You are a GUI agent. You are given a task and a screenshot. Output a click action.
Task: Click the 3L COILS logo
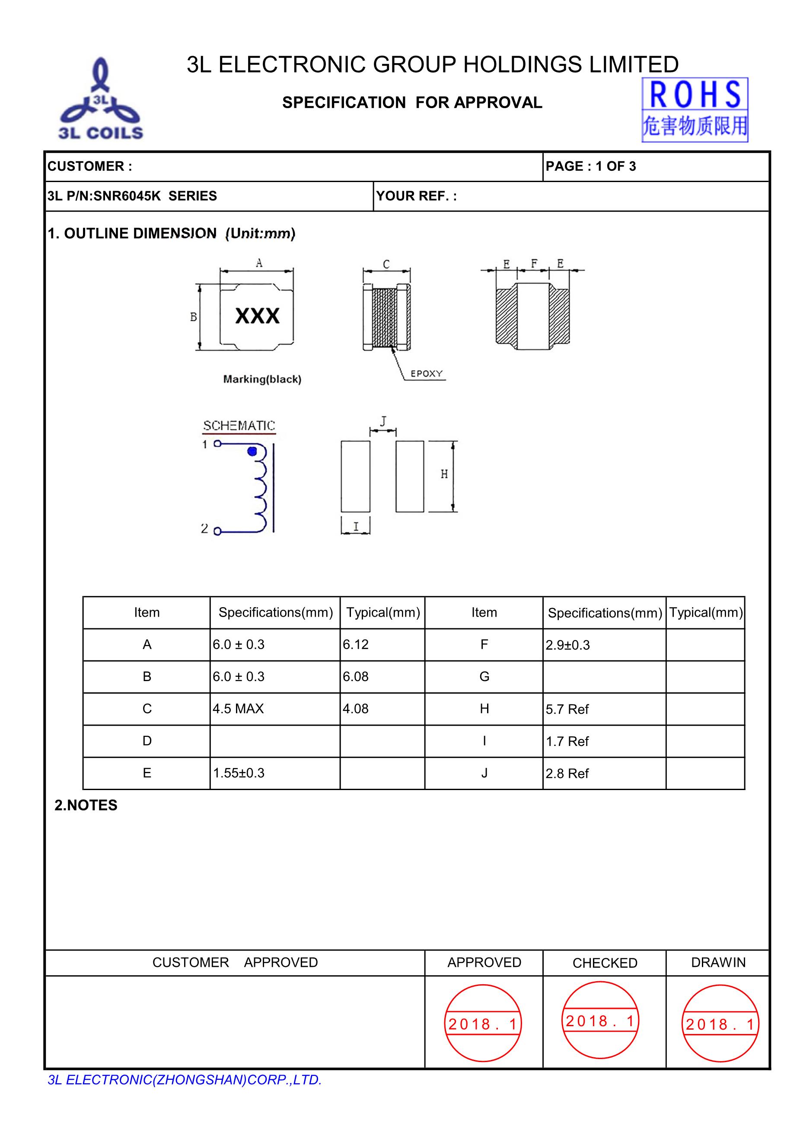[101, 100]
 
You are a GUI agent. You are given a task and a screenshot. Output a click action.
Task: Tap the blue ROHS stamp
[695, 109]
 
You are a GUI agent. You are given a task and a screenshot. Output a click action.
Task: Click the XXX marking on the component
[257, 316]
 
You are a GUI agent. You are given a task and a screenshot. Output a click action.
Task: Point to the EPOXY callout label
[427, 374]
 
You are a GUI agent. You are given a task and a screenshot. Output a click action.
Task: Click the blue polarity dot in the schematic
[252, 451]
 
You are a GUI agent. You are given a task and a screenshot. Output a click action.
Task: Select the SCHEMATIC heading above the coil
[239, 426]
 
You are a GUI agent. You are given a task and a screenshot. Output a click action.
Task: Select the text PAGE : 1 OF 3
[590, 166]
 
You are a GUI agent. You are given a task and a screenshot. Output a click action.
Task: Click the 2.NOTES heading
[86, 805]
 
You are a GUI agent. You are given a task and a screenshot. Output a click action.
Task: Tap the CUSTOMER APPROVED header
[235, 962]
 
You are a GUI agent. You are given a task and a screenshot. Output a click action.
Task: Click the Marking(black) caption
[262, 379]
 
